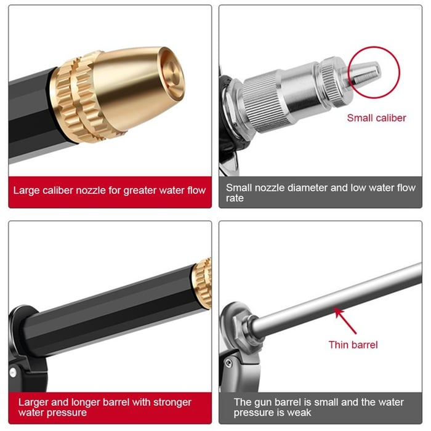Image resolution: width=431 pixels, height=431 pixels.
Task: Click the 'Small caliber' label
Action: [376, 118]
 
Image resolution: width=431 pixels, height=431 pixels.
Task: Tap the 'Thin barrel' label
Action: [353, 345]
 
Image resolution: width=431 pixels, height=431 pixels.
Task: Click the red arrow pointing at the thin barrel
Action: [345, 321]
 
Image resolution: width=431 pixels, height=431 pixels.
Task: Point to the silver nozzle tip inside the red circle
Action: [366, 73]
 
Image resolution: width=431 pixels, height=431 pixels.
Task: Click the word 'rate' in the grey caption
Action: [235, 198]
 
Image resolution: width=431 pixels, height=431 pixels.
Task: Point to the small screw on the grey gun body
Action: [228, 363]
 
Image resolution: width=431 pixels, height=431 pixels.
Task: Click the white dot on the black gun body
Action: [13, 372]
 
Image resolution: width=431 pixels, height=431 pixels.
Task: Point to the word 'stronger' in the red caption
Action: [172, 403]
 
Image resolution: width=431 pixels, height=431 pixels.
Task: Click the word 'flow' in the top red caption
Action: [196, 190]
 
